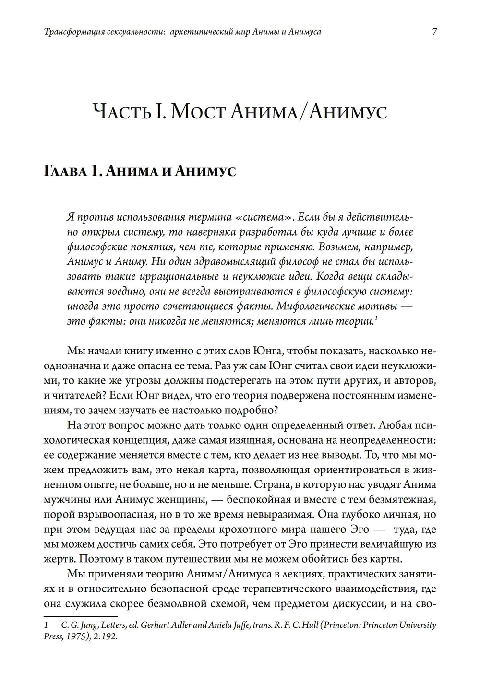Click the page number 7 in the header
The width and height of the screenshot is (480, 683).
pos(434,33)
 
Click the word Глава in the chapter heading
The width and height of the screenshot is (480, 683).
pos(64,171)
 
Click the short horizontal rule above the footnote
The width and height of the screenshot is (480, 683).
pos(80,616)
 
